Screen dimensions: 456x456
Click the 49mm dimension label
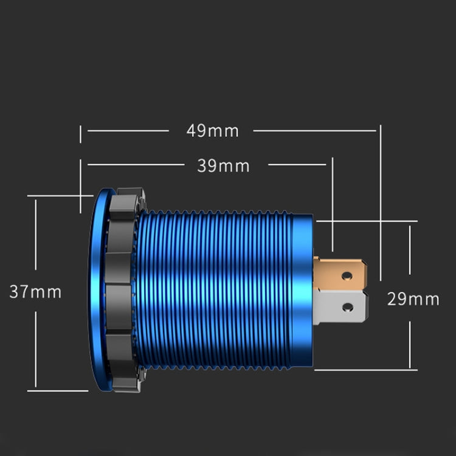click(x=213, y=131)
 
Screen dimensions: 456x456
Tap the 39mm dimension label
click(x=223, y=165)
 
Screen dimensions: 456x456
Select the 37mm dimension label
click(x=35, y=292)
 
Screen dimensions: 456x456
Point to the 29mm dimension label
click(x=413, y=299)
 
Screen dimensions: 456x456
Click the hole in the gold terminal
click(x=347, y=275)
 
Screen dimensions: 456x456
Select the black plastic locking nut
click(x=126, y=286)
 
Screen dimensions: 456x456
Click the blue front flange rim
click(x=101, y=286)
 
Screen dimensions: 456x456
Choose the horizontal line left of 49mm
click(x=128, y=131)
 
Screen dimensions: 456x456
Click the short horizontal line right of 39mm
click(x=298, y=164)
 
